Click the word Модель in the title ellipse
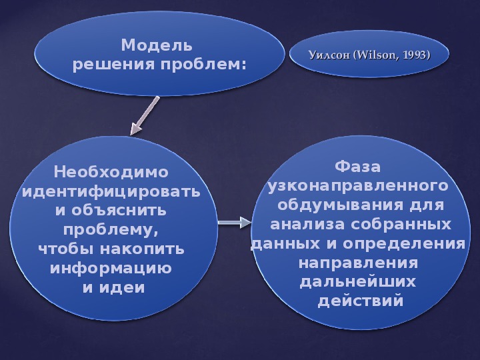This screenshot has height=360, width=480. pyautogui.click(x=157, y=45)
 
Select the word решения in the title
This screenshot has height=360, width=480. pyautogui.click(x=113, y=65)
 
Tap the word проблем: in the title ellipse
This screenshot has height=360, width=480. pyautogui.click(x=203, y=65)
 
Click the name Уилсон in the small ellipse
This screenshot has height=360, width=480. pyautogui.click(x=329, y=55)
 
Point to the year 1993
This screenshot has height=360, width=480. pyautogui.click(x=416, y=55)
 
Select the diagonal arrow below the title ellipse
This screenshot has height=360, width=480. pyautogui.click(x=145, y=116)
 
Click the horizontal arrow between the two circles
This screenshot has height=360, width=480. pyautogui.click(x=235, y=223)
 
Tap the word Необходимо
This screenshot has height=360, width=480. pyautogui.click(x=111, y=172)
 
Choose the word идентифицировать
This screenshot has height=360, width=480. pyautogui.click(x=111, y=192)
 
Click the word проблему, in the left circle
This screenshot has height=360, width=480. pyautogui.click(x=111, y=230)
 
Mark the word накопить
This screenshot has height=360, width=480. pyautogui.click(x=143, y=249)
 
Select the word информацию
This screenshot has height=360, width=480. pyautogui.click(x=111, y=268)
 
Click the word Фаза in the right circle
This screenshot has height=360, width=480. pyautogui.click(x=357, y=167)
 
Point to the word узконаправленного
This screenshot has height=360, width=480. pyautogui.click(x=358, y=186)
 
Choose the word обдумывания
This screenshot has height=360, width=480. pyautogui.click(x=341, y=205)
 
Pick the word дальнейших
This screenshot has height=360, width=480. pyautogui.click(x=358, y=282)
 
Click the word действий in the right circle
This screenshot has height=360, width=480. pyautogui.click(x=360, y=301)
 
